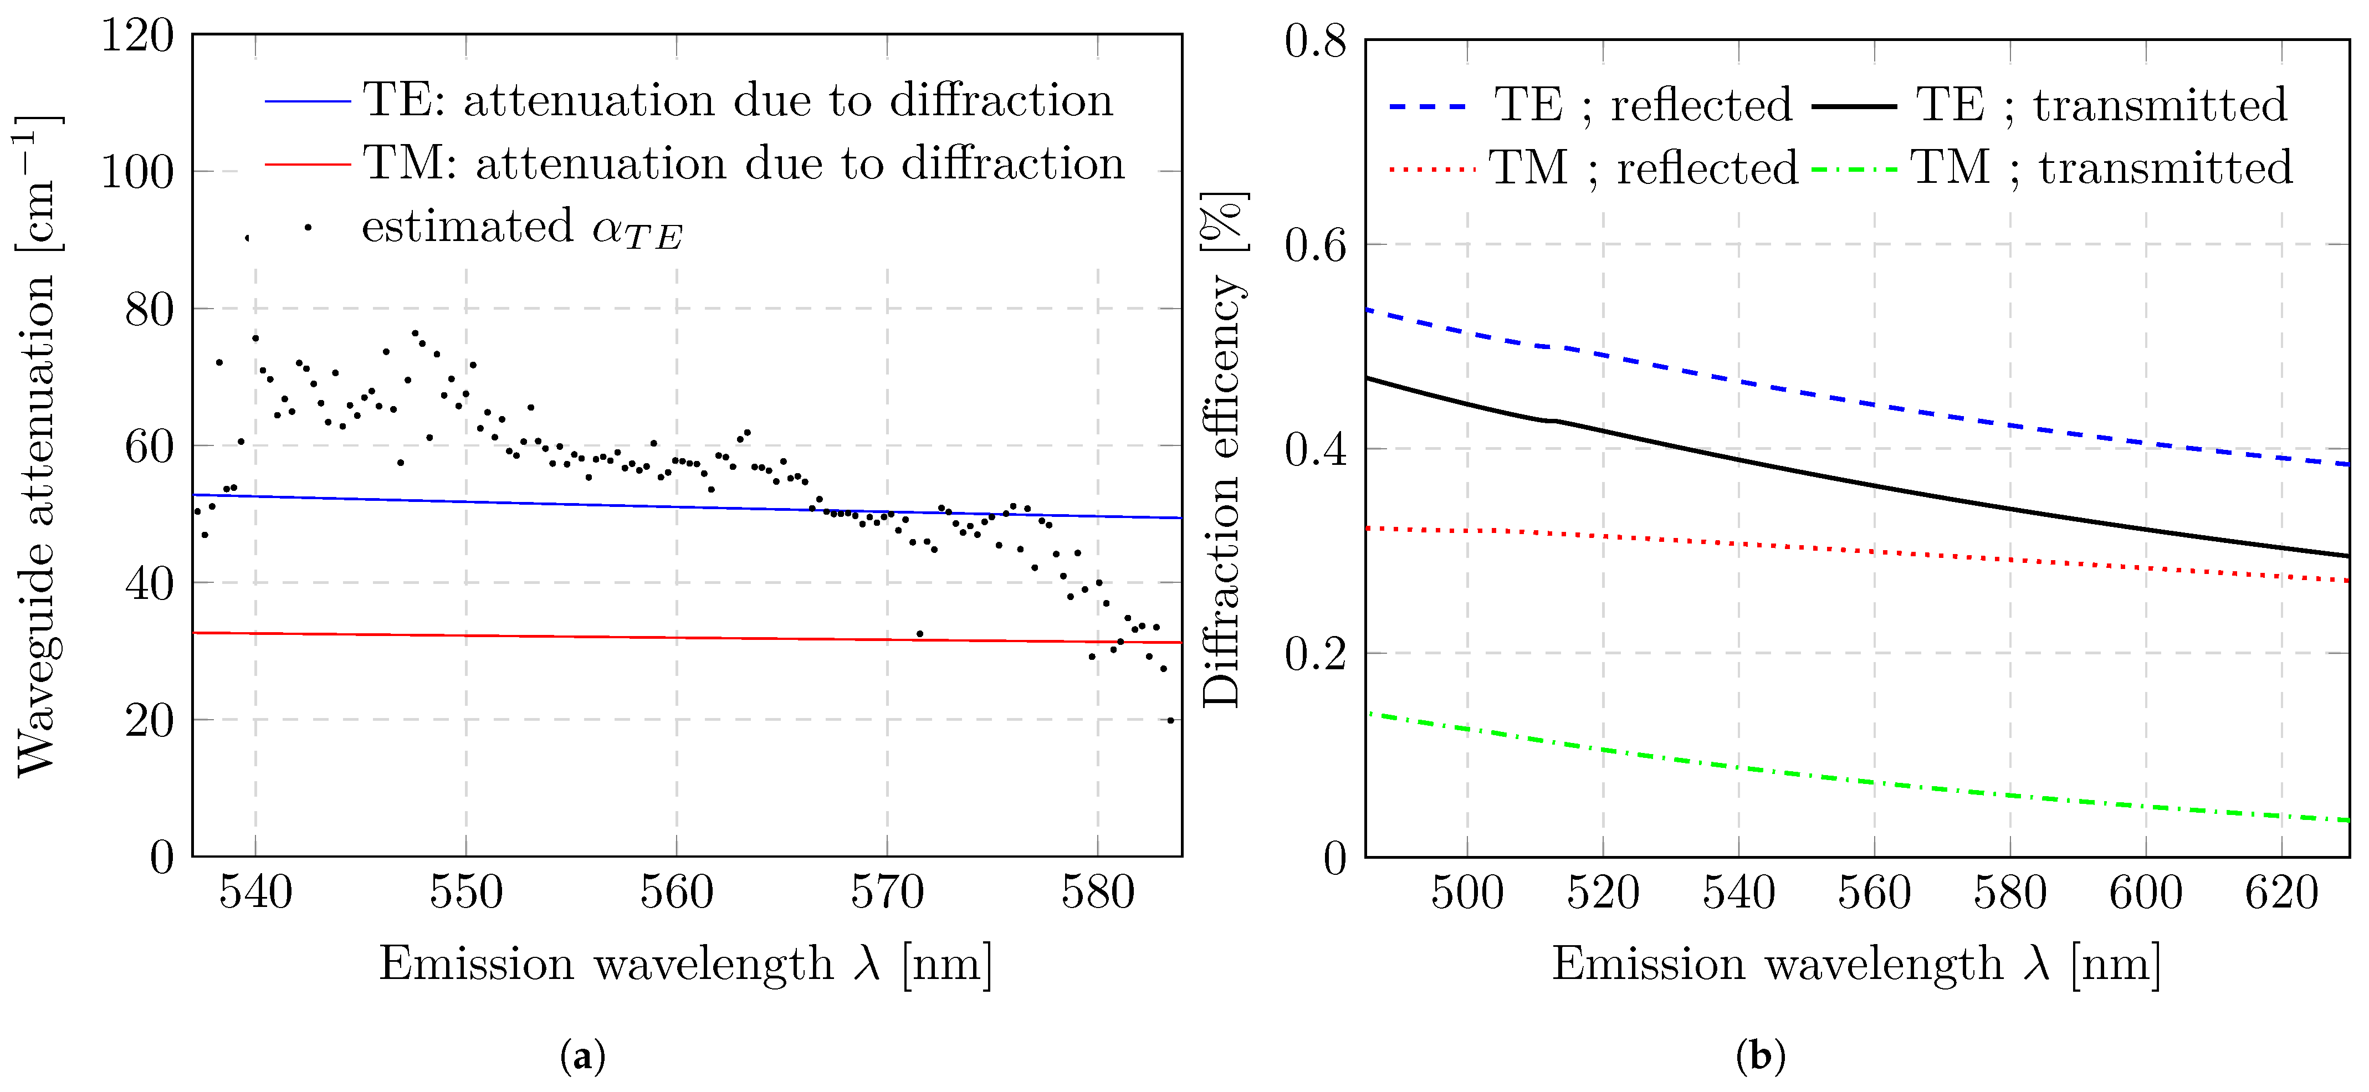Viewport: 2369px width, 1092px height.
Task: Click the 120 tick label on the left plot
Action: [x=137, y=37]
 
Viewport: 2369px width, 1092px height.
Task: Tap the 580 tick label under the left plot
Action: [x=1098, y=893]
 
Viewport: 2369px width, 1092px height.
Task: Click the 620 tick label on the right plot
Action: [x=2281, y=893]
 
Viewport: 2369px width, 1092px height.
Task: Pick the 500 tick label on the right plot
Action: [x=1467, y=893]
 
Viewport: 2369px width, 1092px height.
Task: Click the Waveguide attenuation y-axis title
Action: [x=37, y=447]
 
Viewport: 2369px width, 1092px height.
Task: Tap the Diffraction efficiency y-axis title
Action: [x=1223, y=450]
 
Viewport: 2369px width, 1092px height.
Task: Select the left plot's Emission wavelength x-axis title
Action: [x=686, y=964]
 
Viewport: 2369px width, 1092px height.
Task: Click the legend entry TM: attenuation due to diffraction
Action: [x=695, y=163]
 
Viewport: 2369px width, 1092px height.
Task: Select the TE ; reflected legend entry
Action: [x=1591, y=105]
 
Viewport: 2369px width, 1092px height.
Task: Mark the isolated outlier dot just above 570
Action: [x=920, y=633]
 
